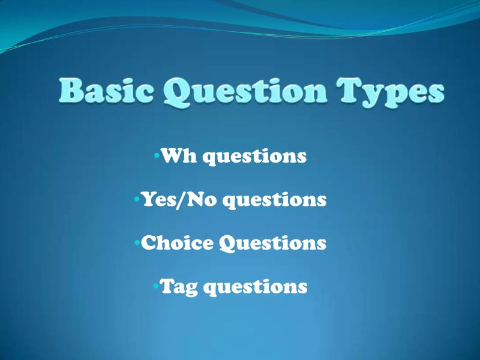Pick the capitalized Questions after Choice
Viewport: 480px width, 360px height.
[x=272, y=244]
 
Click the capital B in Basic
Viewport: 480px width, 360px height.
[x=73, y=92]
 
